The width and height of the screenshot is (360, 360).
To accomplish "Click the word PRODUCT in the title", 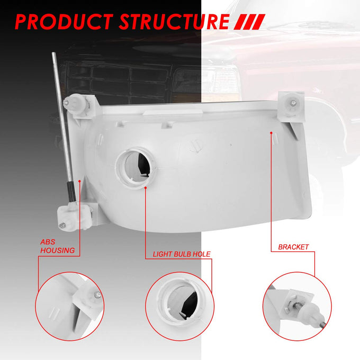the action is [64, 22].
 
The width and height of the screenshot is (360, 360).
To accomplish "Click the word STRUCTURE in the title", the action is [174, 22].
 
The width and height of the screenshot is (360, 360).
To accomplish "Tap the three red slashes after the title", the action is [249, 22].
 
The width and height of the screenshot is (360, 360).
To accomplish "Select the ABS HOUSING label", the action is [57, 246].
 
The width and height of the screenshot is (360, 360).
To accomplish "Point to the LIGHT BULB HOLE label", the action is [182, 254].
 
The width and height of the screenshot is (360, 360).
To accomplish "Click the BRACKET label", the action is [293, 247].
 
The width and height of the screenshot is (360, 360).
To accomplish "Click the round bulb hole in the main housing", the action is [136, 168].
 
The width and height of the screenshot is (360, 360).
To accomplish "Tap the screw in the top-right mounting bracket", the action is [293, 103].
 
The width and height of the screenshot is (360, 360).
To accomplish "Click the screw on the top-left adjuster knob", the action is [66, 103].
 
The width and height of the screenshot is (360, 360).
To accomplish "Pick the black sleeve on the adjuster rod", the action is [71, 192].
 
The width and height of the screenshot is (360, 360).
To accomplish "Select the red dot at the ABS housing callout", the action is [79, 181].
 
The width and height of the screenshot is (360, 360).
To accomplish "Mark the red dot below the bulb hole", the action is [146, 187].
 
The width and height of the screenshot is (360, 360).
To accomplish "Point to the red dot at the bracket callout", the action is [271, 133].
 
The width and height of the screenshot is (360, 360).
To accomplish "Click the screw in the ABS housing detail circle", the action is [98, 295].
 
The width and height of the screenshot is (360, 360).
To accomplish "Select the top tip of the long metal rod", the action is [53, 53].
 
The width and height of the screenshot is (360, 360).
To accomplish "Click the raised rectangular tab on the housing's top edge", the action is [172, 112].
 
